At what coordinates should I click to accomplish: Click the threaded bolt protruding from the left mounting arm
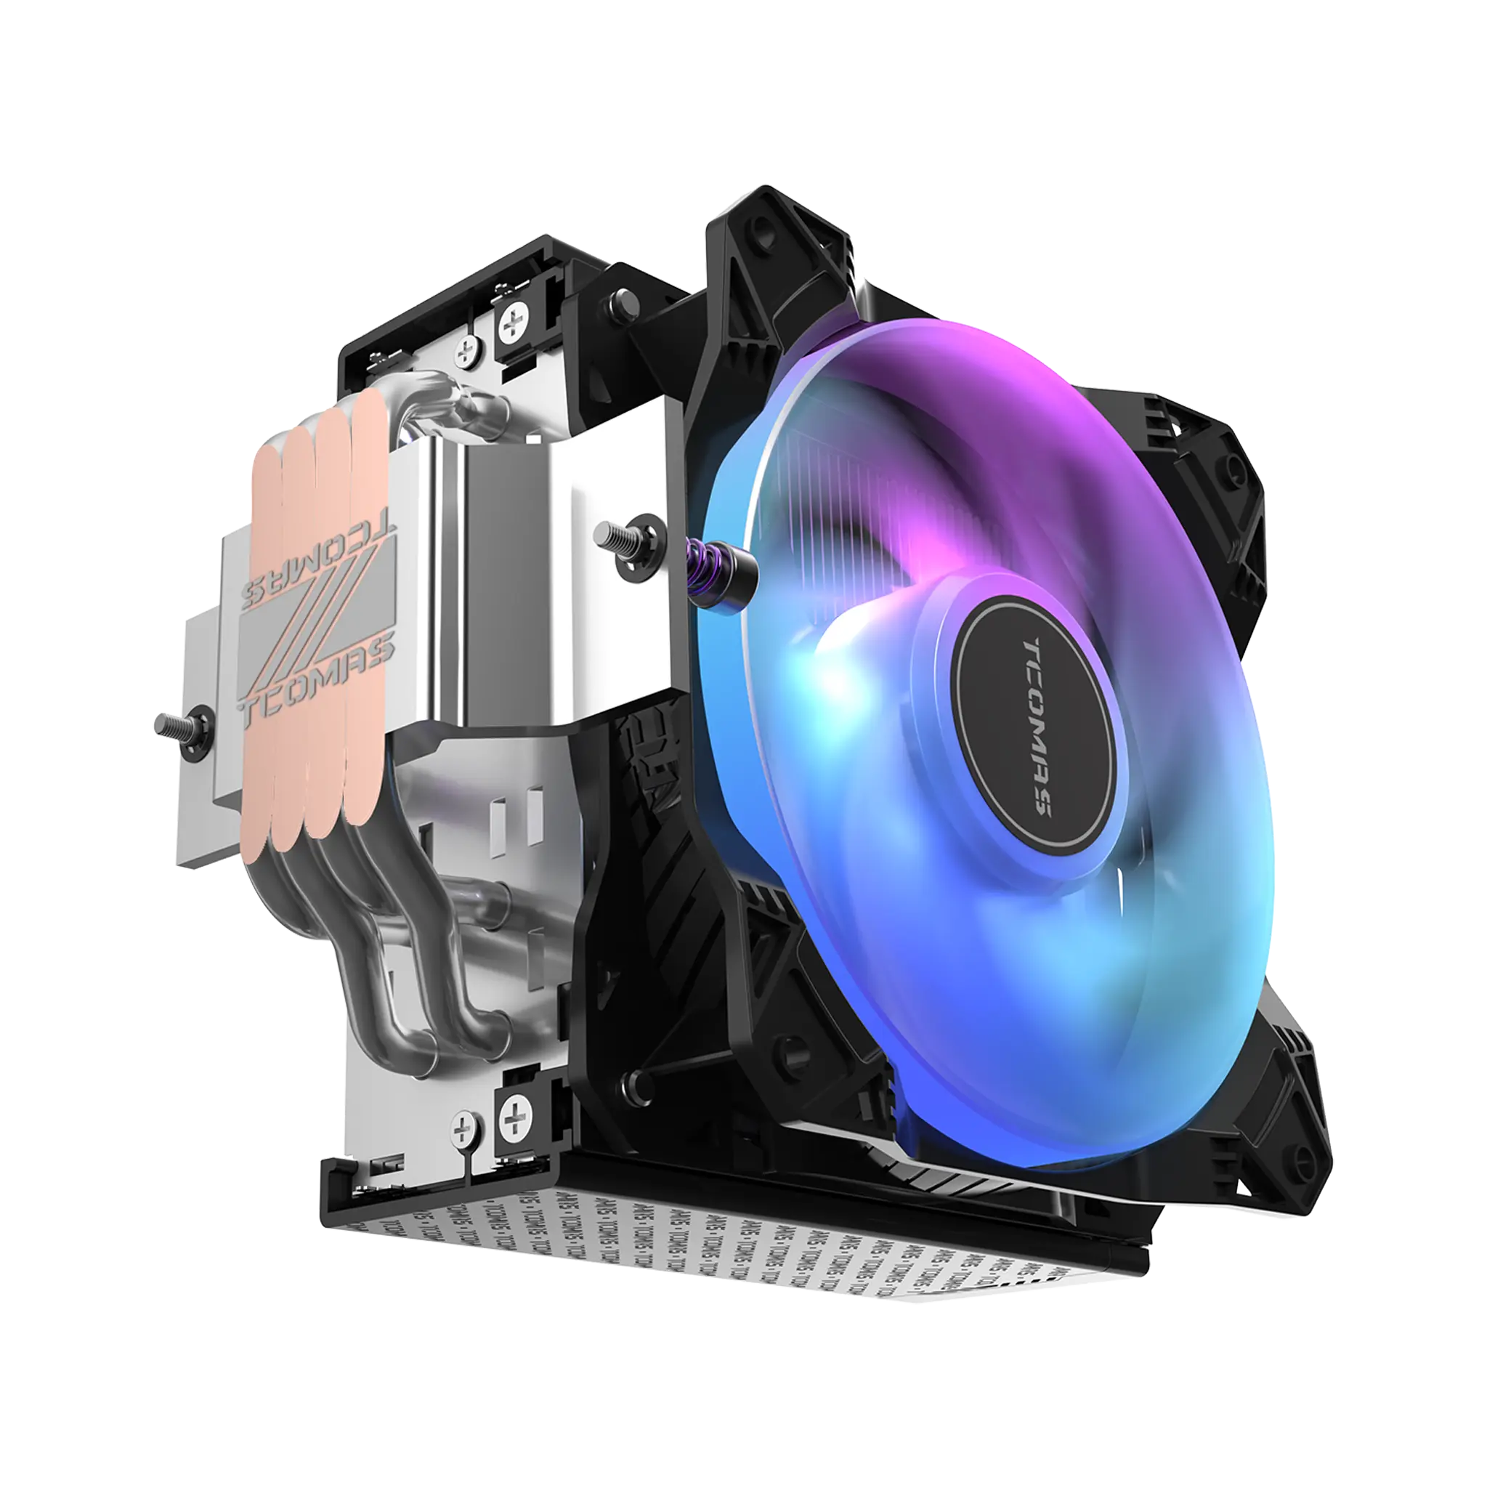[x=175, y=724]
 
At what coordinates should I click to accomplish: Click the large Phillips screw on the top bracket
[x=514, y=325]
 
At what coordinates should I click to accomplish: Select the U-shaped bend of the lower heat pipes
[x=447, y=1032]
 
